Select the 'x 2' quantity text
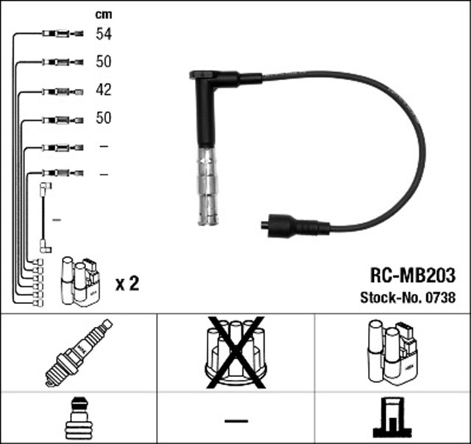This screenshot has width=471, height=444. point(127,283)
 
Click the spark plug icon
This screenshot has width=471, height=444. point(79,351)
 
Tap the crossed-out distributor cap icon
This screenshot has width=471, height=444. point(235,351)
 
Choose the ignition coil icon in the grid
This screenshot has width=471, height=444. point(392,351)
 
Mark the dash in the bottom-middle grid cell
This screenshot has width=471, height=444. point(235,420)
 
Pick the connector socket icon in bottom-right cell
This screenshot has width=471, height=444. point(392,419)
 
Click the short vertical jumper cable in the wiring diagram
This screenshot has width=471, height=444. point(44,218)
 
